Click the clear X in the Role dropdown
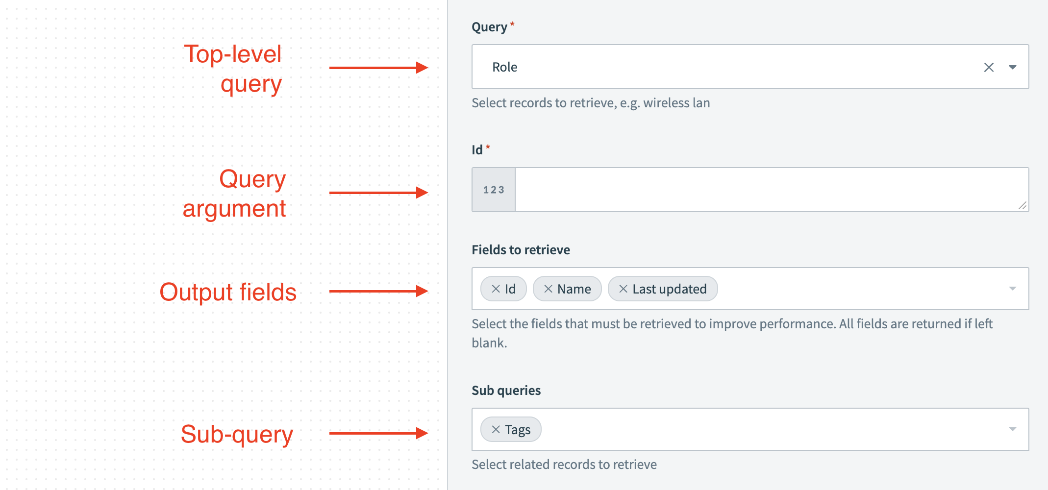(989, 67)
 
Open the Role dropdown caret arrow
(1012, 67)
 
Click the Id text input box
(765, 190)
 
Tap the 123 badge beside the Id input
(494, 190)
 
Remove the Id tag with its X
(496, 289)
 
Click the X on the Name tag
(548, 289)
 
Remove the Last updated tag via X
(623, 289)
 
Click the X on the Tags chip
(496, 430)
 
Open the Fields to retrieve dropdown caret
(1012, 289)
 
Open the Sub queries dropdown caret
(1012, 429)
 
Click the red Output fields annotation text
(228, 292)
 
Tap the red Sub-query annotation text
(237, 434)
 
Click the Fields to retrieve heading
(521, 250)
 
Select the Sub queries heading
(506, 391)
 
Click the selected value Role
(504, 67)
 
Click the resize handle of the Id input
(1022, 206)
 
